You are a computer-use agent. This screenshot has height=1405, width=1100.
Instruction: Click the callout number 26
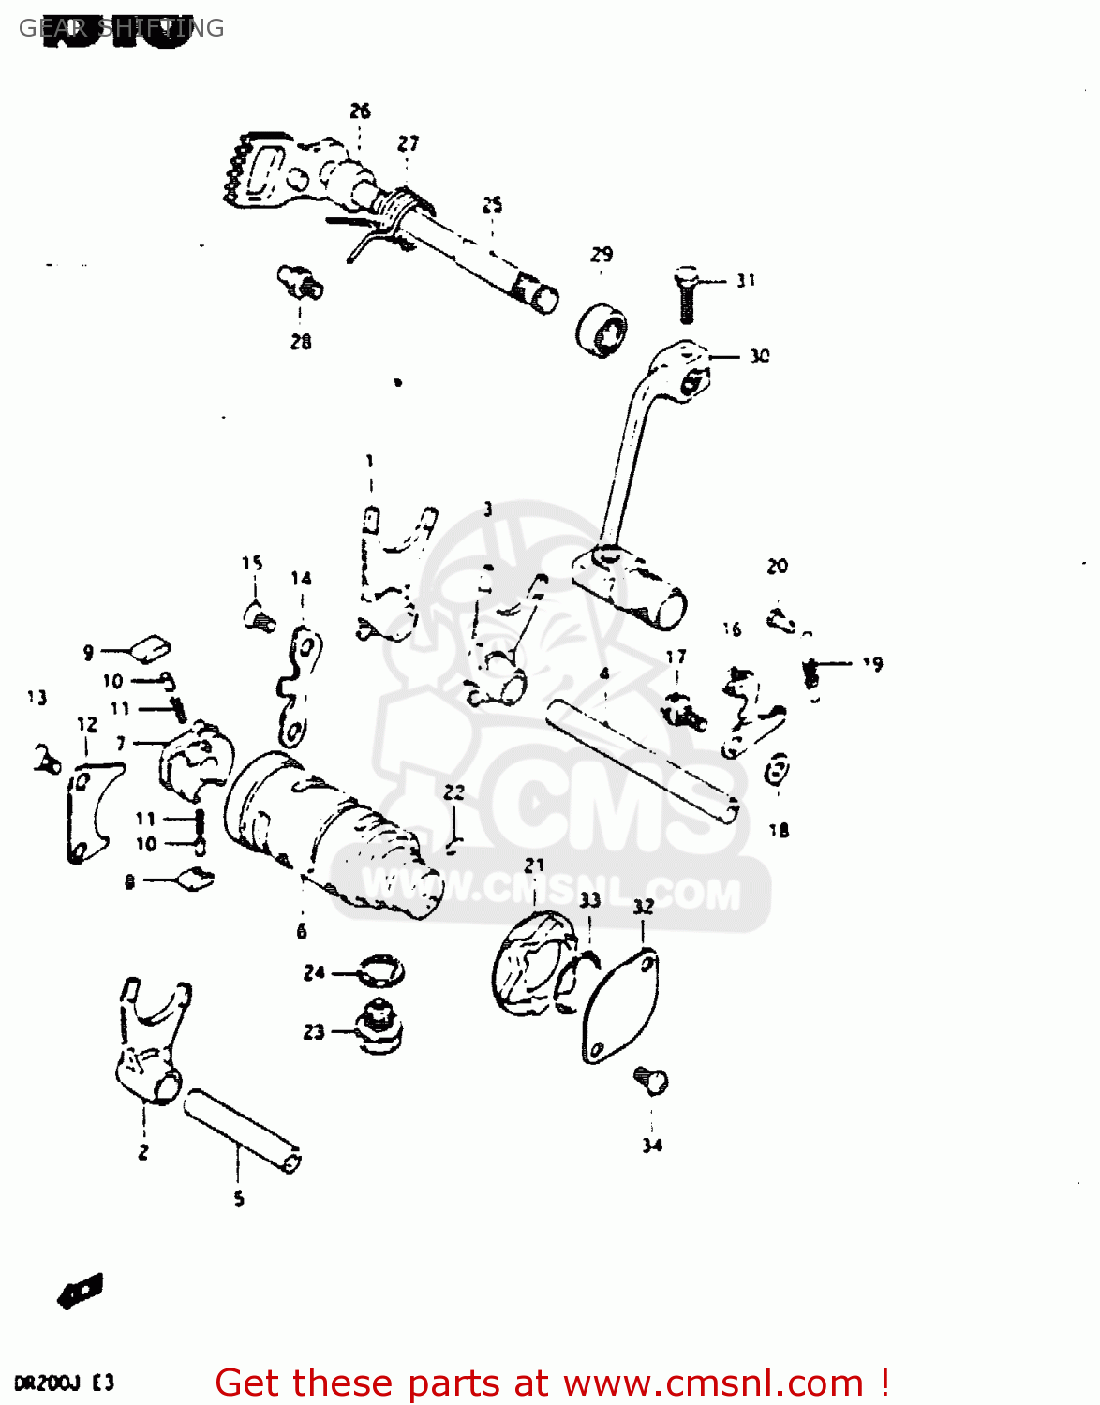click(361, 111)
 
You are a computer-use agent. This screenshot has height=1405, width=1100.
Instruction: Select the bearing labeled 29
click(602, 330)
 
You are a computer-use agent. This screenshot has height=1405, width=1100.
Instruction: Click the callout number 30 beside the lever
click(759, 356)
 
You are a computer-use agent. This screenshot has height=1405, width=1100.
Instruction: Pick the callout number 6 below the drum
click(302, 930)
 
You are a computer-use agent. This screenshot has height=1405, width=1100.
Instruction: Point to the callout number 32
click(643, 907)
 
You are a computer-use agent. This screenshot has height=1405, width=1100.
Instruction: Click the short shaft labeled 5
click(242, 1131)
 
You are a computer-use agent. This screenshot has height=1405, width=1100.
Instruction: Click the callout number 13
click(37, 697)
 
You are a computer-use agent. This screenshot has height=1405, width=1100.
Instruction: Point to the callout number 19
click(872, 663)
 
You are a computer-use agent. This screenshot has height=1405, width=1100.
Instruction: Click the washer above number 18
click(777, 770)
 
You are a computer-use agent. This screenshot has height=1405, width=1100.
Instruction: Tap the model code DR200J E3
click(64, 1383)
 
